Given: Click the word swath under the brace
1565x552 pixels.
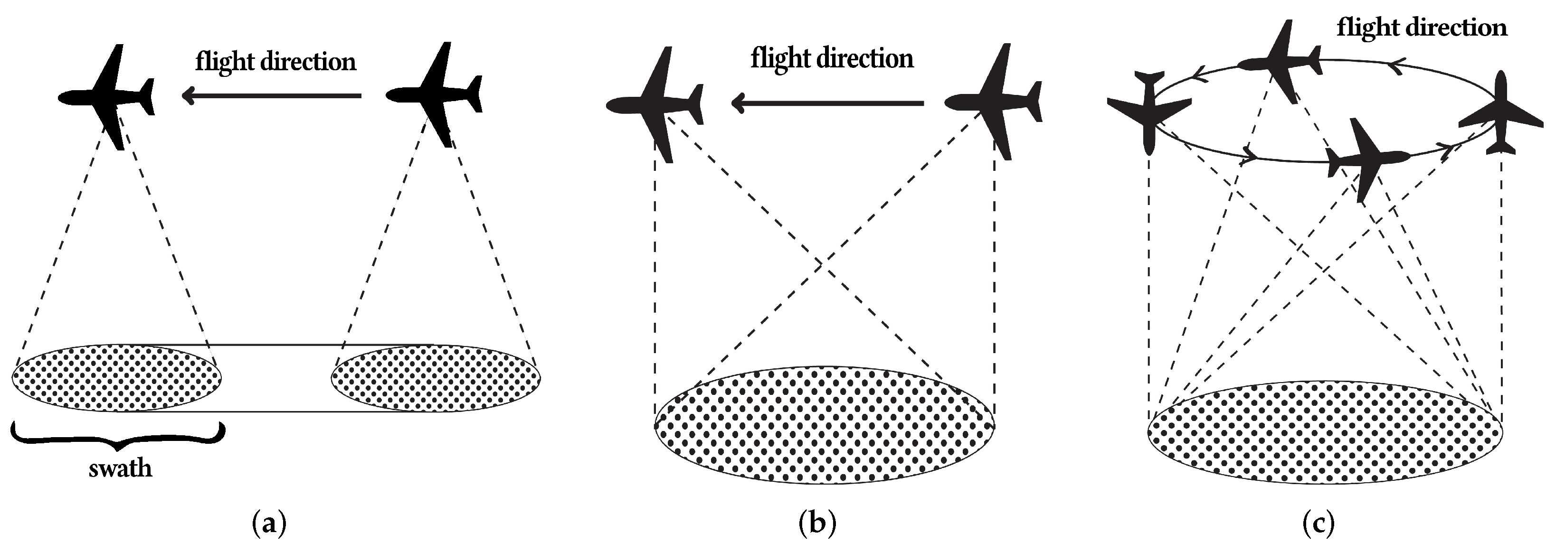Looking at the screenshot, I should [x=120, y=468].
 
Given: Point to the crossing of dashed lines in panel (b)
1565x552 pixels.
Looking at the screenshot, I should [x=821, y=265].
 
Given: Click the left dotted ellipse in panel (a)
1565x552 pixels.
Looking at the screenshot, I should [x=117, y=378].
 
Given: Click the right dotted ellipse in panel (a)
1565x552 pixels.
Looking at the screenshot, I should [x=436, y=378].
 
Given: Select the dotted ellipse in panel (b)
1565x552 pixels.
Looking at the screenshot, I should [x=825, y=425].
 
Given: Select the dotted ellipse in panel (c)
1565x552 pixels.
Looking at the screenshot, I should [x=1324, y=432].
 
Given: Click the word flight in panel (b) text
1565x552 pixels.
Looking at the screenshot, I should [x=779, y=59].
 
